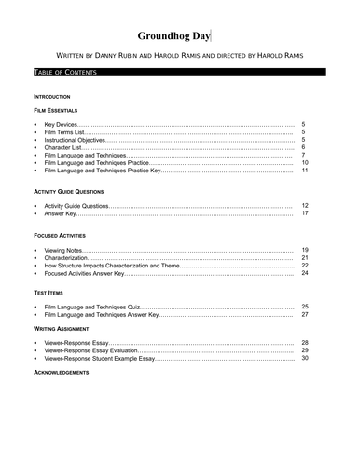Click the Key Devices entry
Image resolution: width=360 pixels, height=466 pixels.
coord(60,124)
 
